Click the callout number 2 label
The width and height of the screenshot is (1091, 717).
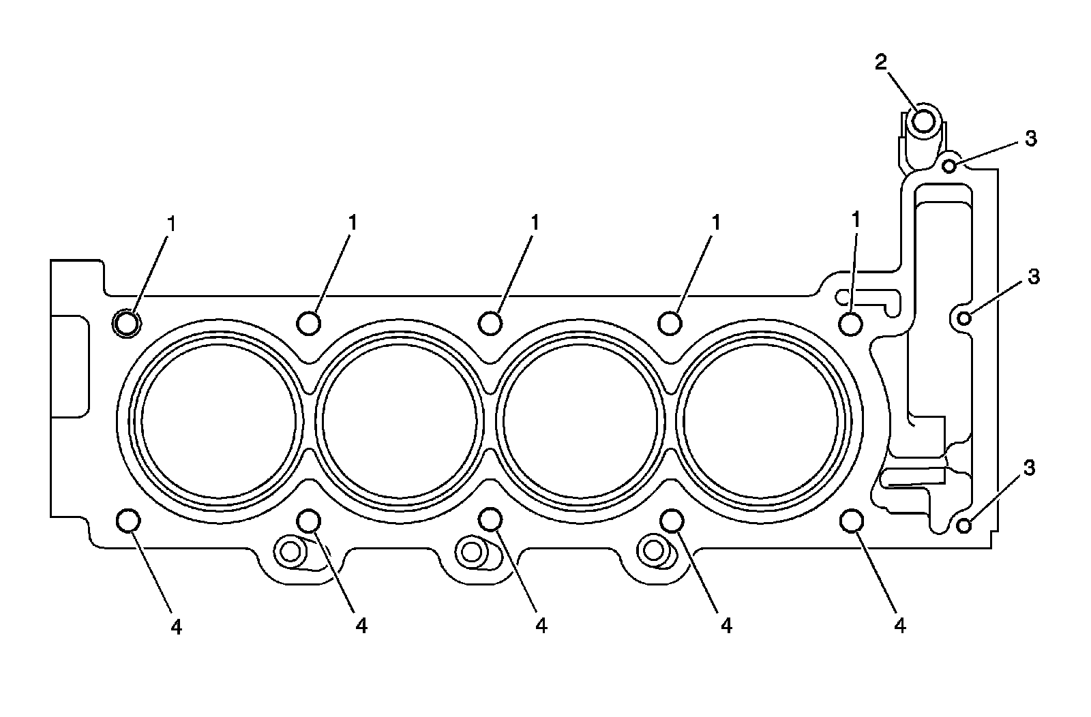881,62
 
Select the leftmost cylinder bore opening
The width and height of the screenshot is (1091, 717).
219,421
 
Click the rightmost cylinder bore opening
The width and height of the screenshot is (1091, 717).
761,421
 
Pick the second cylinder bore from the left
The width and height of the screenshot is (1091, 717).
400,421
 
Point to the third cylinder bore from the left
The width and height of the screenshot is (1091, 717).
580,421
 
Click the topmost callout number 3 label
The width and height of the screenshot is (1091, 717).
1031,139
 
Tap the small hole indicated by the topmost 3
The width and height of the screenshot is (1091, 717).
949,166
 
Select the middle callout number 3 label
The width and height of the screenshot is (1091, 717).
1034,277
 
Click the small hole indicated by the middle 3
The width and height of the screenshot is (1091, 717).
964,319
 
